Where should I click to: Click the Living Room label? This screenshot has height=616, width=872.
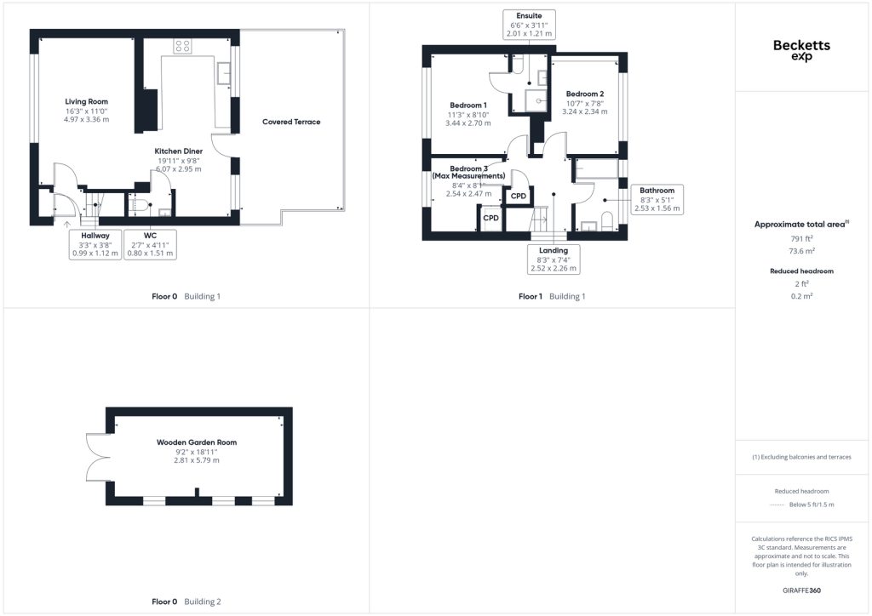[86, 101]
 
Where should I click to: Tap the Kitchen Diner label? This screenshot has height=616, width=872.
[179, 151]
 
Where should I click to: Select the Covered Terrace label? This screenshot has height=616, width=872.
[291, 122]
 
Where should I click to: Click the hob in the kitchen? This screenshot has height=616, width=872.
[182, 46]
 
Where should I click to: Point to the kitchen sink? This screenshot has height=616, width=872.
[224, 73]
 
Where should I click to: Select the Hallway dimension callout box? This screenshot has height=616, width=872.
[95, 244]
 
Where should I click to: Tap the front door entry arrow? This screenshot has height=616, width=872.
[67, 225]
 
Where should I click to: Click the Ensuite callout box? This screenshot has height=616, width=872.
[529, 25]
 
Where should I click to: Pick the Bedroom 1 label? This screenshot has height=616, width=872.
[468, 105]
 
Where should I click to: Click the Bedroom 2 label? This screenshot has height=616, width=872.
[585, 94]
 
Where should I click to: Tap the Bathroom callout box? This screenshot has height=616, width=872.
[657, 199]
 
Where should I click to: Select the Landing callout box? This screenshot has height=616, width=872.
[554, 260]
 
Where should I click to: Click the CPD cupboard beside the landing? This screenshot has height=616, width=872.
[519, 196]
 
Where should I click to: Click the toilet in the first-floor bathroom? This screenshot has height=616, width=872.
[607, 220]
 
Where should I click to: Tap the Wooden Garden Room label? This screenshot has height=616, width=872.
[197, 442]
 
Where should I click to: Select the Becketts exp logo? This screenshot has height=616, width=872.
[801, 49]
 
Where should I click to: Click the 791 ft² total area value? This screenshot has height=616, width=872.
[801, 238]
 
